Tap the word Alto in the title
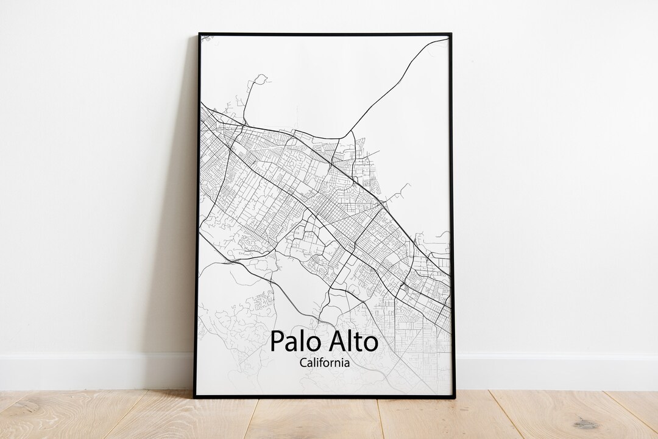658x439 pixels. click(352, 341)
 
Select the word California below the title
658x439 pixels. click(325, 363)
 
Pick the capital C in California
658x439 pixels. click(303, 363)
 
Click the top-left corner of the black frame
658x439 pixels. click(199, 34)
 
